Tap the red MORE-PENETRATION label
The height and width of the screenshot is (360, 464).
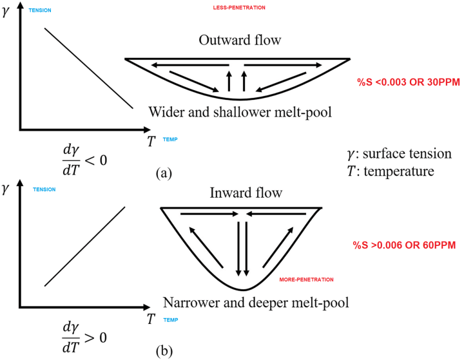(307, 279)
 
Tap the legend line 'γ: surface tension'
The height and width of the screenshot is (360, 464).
(398, 154)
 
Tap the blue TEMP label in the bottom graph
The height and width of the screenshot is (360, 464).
(171, 319)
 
